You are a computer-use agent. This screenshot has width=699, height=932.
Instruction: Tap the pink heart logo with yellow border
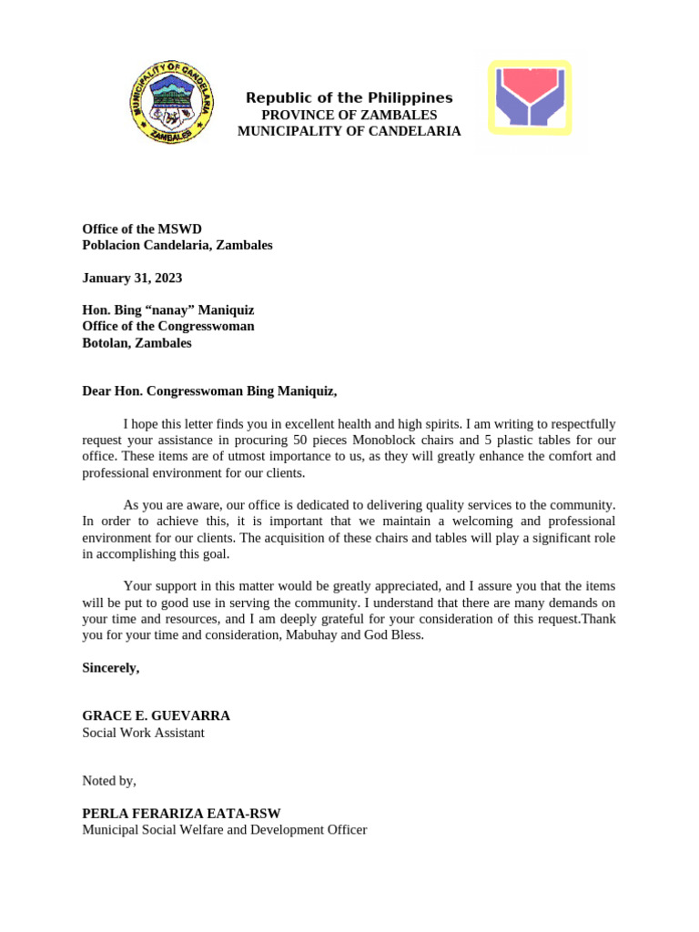(530, 98)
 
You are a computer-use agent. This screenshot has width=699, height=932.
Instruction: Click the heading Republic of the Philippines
(349, 98)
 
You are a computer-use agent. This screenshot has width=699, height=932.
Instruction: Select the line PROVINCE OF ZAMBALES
(349, 115)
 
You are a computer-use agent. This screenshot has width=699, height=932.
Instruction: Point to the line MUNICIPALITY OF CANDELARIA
(349, 131)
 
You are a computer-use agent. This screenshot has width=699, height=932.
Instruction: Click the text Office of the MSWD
(142, 228)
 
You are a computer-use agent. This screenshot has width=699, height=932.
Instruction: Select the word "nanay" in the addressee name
(161, 310)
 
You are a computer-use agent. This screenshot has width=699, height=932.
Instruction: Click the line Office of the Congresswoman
(168, 326)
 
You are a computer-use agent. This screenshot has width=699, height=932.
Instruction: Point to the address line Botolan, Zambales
(137, 343)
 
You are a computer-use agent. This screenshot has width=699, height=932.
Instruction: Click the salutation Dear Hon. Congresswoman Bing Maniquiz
(209, 391)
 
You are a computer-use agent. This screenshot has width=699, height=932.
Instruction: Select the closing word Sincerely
(111, 668)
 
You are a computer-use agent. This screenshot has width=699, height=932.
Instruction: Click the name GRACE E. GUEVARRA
(156, 716)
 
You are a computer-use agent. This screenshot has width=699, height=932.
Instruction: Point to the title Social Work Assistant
(144, 733)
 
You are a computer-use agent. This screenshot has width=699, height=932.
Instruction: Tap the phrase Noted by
(109, 781)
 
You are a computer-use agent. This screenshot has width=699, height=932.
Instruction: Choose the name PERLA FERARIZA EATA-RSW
(187, 813)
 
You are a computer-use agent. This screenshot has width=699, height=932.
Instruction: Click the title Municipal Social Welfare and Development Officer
(225, 830)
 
